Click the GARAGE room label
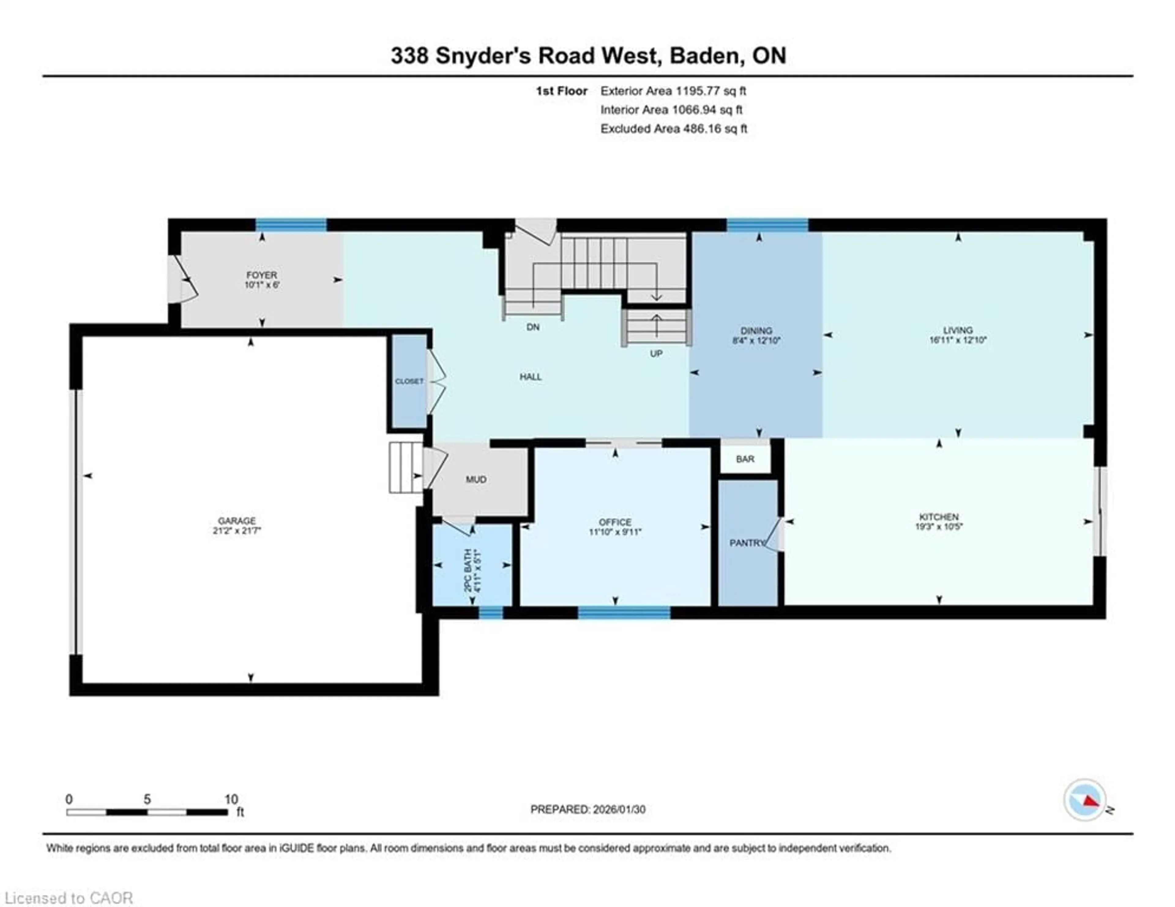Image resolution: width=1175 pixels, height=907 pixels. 237,521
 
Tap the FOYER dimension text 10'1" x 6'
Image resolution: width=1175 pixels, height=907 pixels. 262,285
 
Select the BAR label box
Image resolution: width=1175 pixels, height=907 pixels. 745,459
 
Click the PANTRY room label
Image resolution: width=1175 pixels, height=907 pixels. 747,543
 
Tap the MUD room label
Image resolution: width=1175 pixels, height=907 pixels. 476,479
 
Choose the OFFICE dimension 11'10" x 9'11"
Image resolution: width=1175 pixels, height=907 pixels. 615,532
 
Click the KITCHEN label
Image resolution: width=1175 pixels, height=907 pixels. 939,517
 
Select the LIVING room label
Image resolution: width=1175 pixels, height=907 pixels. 958,330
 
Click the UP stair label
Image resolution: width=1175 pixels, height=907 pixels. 656,353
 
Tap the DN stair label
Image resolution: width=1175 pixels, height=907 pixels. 533,327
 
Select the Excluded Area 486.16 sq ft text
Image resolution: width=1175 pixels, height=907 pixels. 673,129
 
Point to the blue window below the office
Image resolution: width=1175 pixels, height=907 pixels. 624,612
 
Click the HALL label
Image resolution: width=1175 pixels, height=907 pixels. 531,377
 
